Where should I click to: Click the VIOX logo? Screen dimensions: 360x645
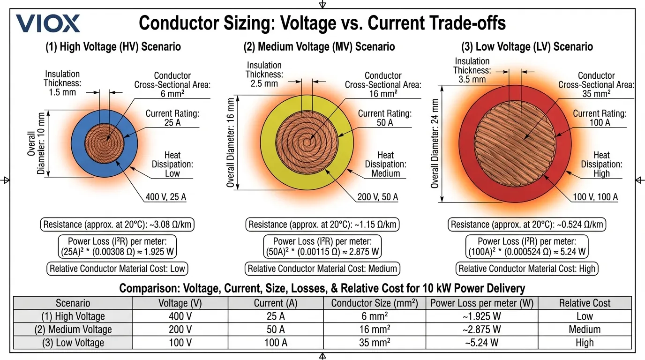point(48,23)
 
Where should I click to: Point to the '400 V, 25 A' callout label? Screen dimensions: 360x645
point(165,197)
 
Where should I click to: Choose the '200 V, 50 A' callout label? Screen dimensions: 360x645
point(377,197)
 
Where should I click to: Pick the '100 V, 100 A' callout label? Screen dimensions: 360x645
point(595,197)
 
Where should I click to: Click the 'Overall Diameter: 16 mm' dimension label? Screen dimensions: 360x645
point(231,142)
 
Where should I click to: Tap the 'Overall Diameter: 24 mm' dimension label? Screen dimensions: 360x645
point(435,143)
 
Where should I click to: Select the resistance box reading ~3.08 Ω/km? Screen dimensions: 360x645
point(117,225)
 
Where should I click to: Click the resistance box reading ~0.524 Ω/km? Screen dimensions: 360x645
point(527,225)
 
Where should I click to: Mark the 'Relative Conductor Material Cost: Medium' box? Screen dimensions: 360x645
point(322,269)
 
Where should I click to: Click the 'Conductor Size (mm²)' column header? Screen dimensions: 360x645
point(374,303)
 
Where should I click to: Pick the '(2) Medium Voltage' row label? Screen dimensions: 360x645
point(73,330)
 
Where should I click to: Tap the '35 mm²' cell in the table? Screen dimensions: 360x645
point(374,343)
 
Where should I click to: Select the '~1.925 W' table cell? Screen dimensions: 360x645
point(482,316)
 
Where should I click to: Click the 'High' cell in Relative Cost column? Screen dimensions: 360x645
point(585,343)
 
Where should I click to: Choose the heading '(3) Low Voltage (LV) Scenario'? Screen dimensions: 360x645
point(527,47)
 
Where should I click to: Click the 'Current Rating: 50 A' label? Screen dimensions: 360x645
point(384,118)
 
